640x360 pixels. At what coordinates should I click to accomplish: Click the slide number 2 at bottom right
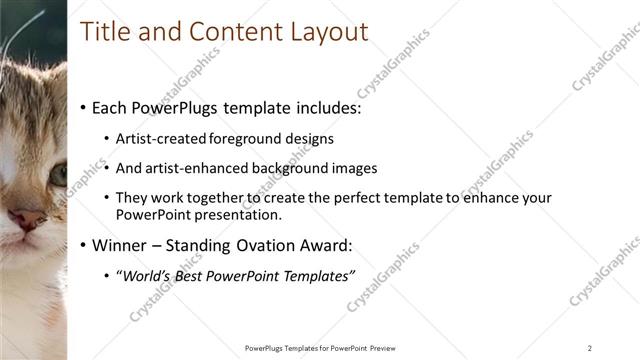[x=590, y=347]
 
